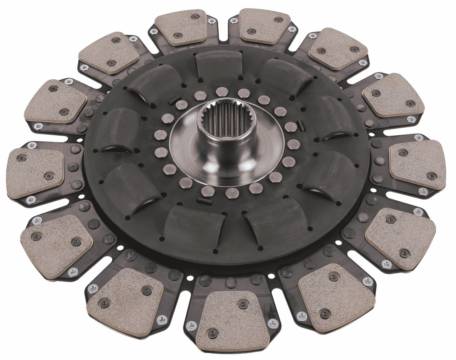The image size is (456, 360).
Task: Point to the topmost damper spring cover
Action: point(219,67)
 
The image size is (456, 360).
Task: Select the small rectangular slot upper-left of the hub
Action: point(175,98)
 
